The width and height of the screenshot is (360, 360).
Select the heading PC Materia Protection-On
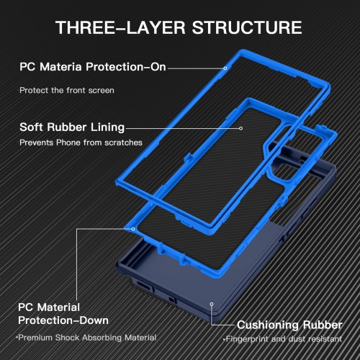coord(93,68)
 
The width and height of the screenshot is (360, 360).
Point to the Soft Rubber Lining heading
coord(72,127)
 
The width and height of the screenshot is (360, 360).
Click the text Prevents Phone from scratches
coord(80,143)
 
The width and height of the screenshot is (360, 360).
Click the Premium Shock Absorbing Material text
coord(86,338)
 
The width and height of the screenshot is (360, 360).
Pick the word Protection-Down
coord(63,320)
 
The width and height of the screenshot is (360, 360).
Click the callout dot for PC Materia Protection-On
coord(225,68)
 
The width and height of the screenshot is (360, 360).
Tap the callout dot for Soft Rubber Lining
coord(241,127)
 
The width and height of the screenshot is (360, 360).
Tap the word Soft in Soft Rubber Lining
coord(32,127)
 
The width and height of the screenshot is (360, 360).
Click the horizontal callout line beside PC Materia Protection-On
coord(196,68)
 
